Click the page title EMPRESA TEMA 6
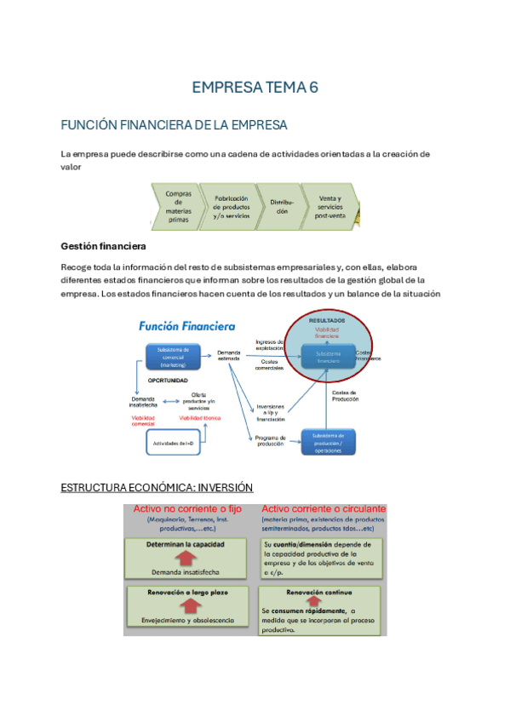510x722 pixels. point(255,88)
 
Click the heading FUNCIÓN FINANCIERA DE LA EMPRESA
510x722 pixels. point(174,125)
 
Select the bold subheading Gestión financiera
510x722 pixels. point(103,246)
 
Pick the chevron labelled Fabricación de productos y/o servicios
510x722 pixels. point(230,206)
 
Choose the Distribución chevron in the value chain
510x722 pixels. point(282,206)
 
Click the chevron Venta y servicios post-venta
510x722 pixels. point(331,206)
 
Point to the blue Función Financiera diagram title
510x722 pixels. point(188,326)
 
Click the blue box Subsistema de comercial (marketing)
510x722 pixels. point(174,356)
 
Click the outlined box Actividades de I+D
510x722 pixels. point(174,443)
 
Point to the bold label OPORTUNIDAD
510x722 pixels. point(167,381)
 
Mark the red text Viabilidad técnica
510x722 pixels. point(198,418)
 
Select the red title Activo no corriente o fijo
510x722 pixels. point(187,508)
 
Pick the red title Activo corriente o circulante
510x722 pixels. point(323,508)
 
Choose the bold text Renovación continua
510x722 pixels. point(319,592)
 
